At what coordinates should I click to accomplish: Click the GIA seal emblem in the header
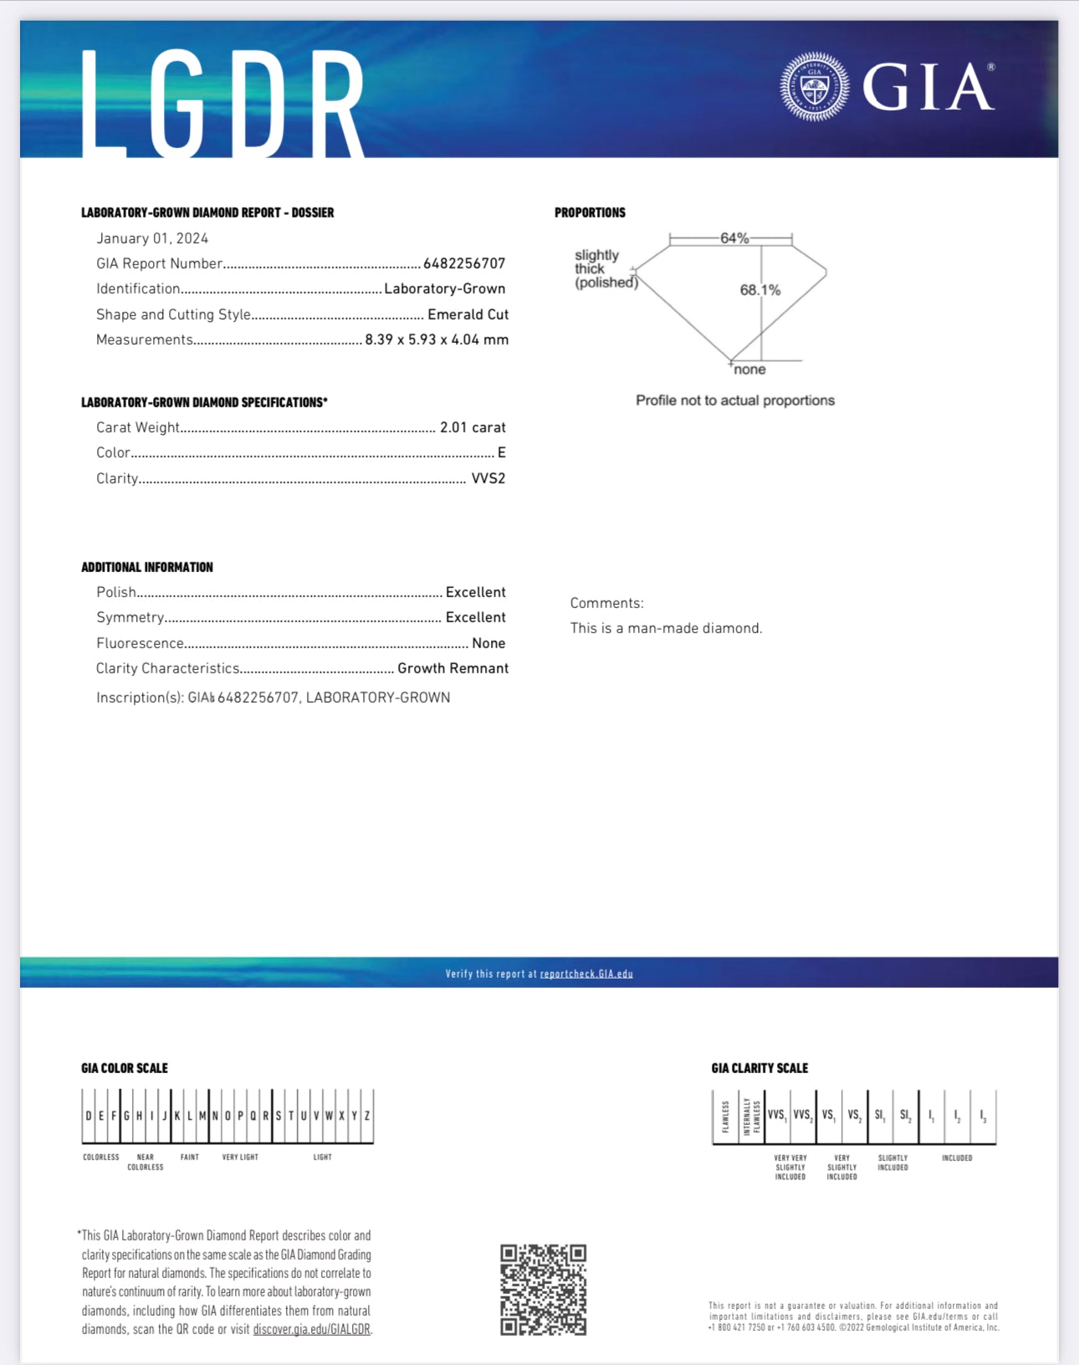click(814, 86)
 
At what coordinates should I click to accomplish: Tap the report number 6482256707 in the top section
click(464, 263)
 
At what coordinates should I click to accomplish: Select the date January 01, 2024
click(152, 238)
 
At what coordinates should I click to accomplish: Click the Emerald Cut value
click(468, 314)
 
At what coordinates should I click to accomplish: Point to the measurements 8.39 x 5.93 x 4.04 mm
click(437, 340)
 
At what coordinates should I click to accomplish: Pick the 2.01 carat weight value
click(473, 427)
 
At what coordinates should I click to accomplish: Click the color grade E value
click(502, 452)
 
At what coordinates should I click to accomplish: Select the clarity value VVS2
click(488, 478)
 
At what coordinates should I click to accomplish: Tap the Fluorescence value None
click(488, 643)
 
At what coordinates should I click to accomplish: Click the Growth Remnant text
click(453, 668)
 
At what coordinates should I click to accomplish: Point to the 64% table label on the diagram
click(734, 238)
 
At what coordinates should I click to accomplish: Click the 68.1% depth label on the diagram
click(759, 290)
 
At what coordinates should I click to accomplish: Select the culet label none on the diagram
click(749, 370)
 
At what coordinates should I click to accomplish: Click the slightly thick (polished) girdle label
click(605, 268)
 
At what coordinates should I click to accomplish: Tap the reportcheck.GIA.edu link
click(586, 974)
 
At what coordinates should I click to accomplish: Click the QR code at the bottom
click(543, 1289)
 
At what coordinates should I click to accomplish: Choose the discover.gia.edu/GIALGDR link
click(311, 1329)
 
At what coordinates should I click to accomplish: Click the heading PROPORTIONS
click(590, 212)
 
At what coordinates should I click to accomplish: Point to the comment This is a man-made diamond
click(666, 628)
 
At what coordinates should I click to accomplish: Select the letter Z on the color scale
click(366, 1116)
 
